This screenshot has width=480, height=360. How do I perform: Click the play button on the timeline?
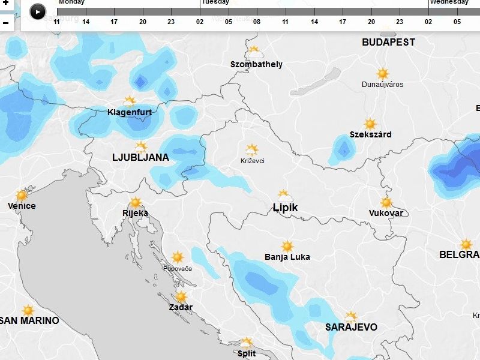[37, 11]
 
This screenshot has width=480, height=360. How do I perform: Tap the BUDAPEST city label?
[388, 43]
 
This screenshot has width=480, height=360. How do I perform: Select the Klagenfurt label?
[130, 112]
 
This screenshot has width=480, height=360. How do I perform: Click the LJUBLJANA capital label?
[140, 158]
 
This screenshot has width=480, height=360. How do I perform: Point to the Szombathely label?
[256, 64]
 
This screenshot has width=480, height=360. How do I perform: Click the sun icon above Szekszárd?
[370, 124]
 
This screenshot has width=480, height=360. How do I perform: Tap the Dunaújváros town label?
[382, 85]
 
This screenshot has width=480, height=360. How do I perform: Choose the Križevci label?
[252, 161]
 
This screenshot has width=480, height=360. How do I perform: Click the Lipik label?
[285, 208]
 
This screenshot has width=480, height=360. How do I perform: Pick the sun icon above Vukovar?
[386, 203]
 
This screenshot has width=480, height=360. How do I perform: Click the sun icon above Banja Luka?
[287, 247]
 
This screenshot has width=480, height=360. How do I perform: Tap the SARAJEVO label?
[351, 328]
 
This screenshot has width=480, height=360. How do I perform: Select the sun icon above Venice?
[22, 196]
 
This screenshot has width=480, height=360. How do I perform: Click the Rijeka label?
[135, 213]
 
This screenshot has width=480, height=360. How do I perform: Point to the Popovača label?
[177, 268]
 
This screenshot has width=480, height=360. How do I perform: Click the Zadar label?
[181, 307]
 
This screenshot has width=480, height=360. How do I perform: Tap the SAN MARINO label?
[30, 321]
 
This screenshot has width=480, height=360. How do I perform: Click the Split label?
[247, 353]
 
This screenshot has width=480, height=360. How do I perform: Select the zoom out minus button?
[5, 23]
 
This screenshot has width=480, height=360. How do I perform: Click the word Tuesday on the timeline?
[215, 2]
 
